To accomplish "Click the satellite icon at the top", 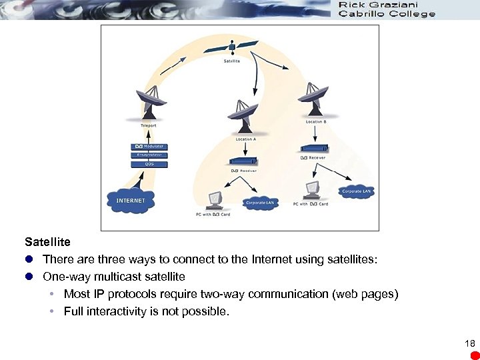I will click(x=231, y=47).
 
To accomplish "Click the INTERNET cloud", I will click(x=131, y=201).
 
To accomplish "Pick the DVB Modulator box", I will click(x=149, y=147).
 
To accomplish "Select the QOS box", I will click(x=149, y=163).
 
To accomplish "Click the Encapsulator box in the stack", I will click(x=149, y=155).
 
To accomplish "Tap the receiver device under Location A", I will click(x=243, y=161).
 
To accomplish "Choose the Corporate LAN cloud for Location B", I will click(x=357, y=191).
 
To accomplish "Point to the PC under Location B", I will click(x=311, y=190).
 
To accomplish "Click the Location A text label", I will click(x=245, y=139).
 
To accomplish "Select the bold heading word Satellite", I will click(x=47, y=241).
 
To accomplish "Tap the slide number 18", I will click(x=469, y=343).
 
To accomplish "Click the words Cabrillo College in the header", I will click(x=387, y=13).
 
